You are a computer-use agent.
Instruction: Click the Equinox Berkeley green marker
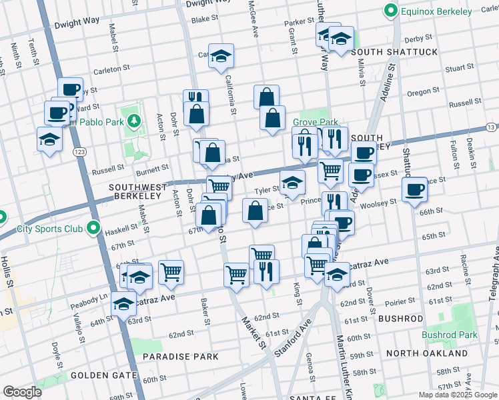(390, 11)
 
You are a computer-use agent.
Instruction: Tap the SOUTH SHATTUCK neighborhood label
(394, 52)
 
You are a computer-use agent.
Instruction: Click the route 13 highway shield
(490, 127)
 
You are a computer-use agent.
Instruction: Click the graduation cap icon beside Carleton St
(221, 56)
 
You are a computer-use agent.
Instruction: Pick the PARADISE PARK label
(181, 357)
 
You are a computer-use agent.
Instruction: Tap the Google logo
(22, 392)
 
